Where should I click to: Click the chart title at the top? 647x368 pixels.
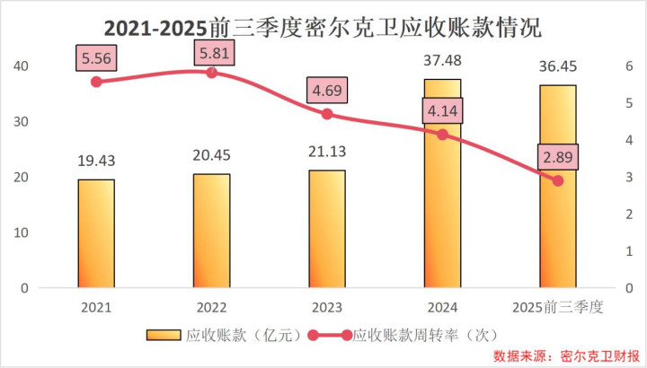(x=323, y=26)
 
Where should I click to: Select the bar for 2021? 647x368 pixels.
(x=96, y=233)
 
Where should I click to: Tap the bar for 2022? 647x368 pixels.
(x=211, y=231)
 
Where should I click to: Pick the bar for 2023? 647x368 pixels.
(x=326, y=229)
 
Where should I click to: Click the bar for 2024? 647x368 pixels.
(x=442, y=184)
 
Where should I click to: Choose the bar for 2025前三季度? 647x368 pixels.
(x=557, y=187)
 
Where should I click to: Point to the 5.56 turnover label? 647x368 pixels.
(x=97, y=59)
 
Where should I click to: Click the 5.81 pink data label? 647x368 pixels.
(x=212, y=53)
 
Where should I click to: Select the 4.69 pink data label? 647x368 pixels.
(x=327, y=92)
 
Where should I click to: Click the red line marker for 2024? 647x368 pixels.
(x=442, y=135)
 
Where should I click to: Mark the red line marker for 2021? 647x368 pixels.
(x=96, y=82)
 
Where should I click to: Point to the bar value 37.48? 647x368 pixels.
(x=442, y=61)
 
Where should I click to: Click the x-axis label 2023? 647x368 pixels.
(x=326, y=307)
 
